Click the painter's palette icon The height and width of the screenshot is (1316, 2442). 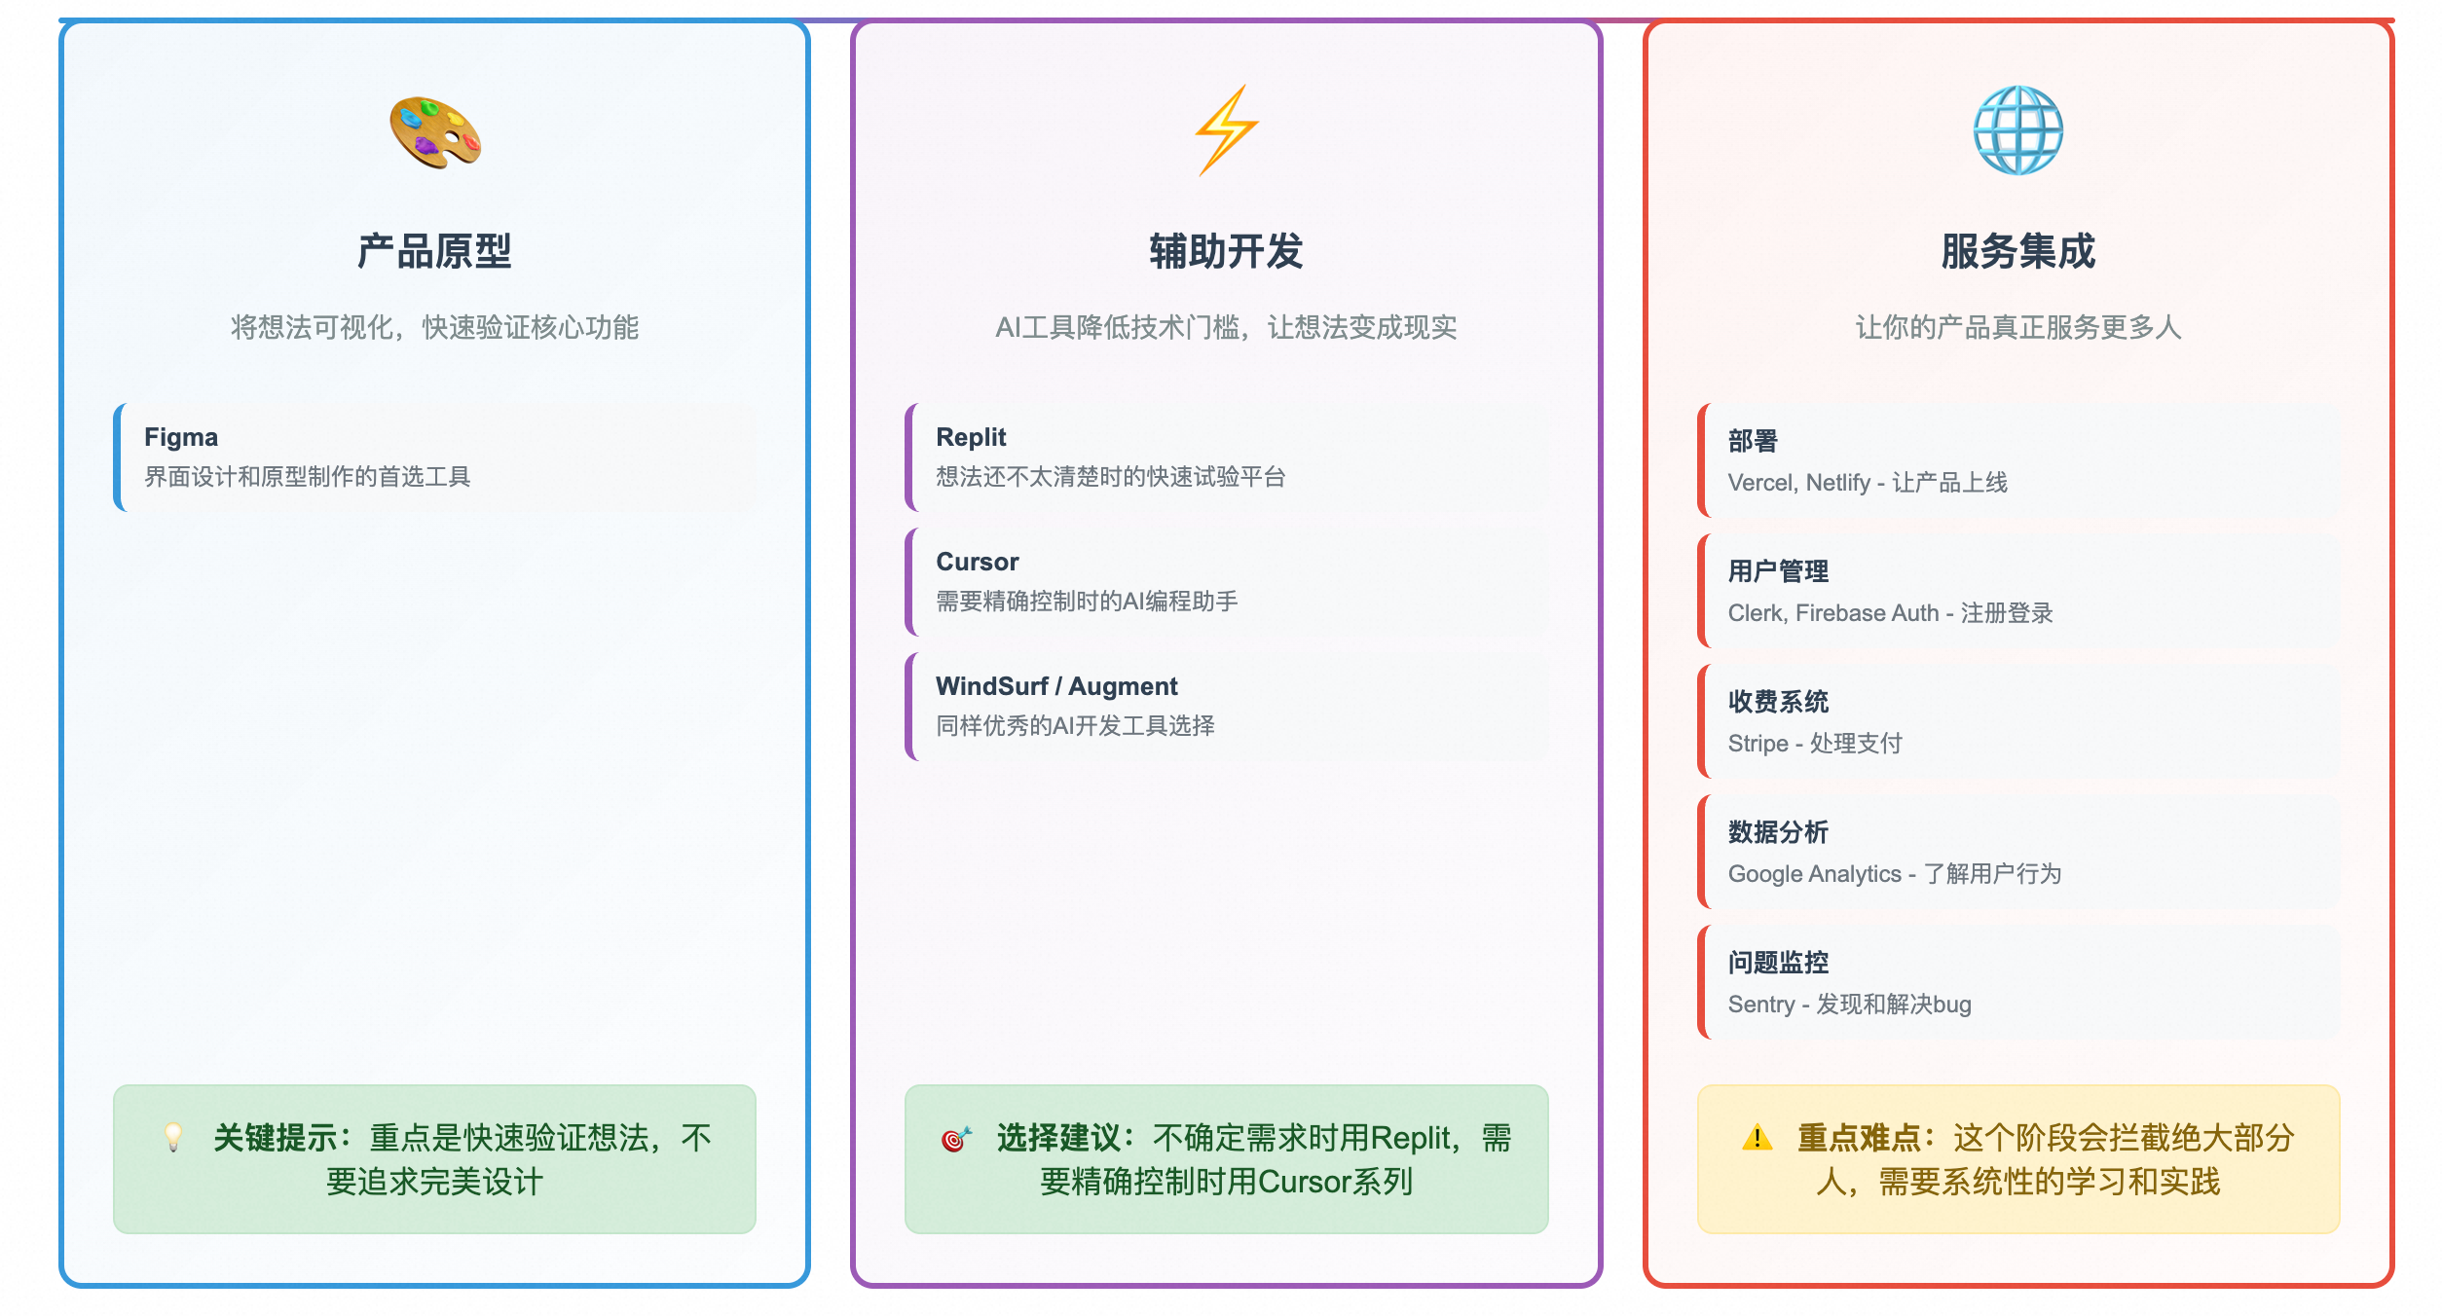(435, 132)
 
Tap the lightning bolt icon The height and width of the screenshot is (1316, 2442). (1227, 130)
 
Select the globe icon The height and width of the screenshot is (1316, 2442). (2018, 130)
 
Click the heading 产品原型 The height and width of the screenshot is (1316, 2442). (434, 251)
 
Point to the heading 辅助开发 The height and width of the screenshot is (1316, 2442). (1227, 251)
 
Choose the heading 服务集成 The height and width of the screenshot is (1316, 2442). (2018, 251)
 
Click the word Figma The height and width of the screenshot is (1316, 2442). (181, 437)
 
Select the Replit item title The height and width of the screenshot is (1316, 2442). (971, 437)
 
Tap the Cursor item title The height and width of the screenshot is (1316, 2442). (978, 562)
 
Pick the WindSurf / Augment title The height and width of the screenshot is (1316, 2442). (1056, 686)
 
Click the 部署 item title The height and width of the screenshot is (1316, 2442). (1753, 441)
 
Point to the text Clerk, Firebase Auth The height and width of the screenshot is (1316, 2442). (1833, 613)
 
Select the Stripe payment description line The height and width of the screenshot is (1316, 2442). (1815, 744)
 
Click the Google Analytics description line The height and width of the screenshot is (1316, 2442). (1895, 874)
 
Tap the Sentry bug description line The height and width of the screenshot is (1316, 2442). (1850, 1005)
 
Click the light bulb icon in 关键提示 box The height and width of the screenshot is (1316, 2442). (173, 1137)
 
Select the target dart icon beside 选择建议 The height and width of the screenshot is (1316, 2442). (956, 1138)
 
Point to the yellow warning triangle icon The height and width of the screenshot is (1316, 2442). (1757, 1137)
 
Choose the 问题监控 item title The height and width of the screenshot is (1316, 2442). (1778, 963)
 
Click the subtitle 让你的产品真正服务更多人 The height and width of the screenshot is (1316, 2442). (2018, 327)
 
